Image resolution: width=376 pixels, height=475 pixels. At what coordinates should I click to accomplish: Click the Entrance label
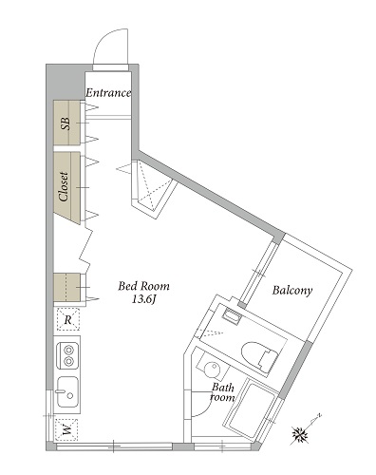pyautogui.click(x=108, y=93)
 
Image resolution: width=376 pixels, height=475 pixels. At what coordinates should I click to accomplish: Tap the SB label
pyautogui.click(x=66, y=123)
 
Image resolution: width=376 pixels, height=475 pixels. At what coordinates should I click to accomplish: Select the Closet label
pyautogui.click(x=64, y=187)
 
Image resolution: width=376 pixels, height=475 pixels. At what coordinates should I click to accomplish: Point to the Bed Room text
pyautogui.click(x=143, y=286)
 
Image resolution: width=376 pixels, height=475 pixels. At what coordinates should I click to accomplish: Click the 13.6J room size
pyautogui.click(x=144, y=299)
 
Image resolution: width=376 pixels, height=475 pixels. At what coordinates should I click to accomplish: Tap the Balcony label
pyautogui.click(x=292, y=291)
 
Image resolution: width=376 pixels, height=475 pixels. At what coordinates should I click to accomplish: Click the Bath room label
pyautogui.click(x=223, y=392)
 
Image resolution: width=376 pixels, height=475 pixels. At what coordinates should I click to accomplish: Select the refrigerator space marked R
pyautogui.click(x=67, y=319)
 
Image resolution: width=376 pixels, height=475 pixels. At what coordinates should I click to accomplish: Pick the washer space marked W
pyautogui.click(x=66, y=430)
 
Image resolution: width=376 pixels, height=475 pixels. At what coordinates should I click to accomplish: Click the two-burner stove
pyautogui.click(x=67, y=356)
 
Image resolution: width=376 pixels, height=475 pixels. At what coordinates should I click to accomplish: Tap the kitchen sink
pyautogui.click(x=67, y=392)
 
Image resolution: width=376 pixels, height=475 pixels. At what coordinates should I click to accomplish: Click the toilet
pyautogui.click(x=259, y=356)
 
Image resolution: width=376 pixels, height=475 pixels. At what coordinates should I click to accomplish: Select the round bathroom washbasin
pyautogui.click(x=212, y=370)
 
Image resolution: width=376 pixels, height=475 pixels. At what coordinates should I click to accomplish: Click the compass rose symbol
pyautogui.click(x=300, y=434)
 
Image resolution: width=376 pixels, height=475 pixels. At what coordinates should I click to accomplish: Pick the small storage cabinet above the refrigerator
pyautogui.click(x=66, y=287)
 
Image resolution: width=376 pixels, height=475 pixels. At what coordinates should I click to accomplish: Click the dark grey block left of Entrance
pyautogui.click(x=66, y=82)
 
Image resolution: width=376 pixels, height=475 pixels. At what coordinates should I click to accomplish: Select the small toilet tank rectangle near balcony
pyautogui.click(x=231, y=316)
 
